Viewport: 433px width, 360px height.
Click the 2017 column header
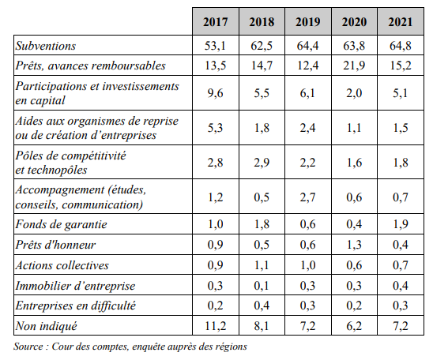click(216, 22)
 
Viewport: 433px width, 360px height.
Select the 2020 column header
click(354, 22)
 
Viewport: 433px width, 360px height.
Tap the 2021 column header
click(401, 22)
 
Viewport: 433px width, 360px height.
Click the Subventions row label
click(46, 46)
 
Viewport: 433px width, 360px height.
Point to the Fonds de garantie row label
click(61, 224)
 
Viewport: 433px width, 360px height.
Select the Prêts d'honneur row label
click(55, 245)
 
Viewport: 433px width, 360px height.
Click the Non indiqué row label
click(46, 326)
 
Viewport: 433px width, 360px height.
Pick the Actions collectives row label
click(62, 265)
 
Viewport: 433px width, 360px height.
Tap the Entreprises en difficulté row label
click(76, 306)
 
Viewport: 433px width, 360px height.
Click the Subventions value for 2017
click(215, 46)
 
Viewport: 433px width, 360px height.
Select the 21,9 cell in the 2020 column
click(354, 66)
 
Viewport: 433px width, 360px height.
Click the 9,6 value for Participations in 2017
click(215, 93)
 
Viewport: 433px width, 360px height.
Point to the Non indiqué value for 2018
click(262, 326)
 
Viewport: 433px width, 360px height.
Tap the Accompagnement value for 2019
click(307, 197)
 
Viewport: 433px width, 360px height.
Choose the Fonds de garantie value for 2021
click(400, 224)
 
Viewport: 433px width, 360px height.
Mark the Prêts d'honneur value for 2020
click(354, 245)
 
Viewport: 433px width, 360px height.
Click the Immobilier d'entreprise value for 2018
click(262, 286)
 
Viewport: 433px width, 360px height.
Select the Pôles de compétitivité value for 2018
click(262, 163)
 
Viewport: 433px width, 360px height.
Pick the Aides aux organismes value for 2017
click(215, 128)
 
